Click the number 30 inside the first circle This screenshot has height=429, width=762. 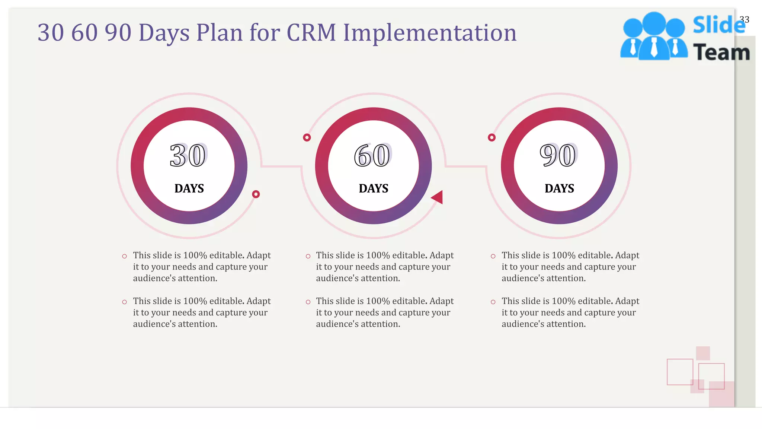(x=188, y=155)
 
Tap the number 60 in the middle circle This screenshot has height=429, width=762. (x=372, y=155)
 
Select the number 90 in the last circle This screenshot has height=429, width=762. (x=558, y=155)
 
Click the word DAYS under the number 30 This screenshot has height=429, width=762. (x=189, y=188)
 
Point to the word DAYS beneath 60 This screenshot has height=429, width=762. (x=374, y=188)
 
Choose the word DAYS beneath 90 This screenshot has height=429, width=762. (x=559, y=188)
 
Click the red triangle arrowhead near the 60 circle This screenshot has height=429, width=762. (x=438, y=197)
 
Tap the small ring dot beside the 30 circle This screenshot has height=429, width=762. (x=256, y=194)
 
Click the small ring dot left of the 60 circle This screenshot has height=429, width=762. (x=307, y=137)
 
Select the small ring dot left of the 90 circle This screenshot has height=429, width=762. (x=492, y=137)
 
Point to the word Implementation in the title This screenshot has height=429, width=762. (x=430, y=32)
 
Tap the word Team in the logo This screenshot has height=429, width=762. (x=721, y=52)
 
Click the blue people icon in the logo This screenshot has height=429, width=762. (x=654, y=37)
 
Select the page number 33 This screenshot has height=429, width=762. (x=745, y=19)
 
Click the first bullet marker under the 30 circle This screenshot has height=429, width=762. (x=125, y=256)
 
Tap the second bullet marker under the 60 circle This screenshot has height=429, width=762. (x=308, y=302)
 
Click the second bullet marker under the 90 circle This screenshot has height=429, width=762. (x=493, y=302)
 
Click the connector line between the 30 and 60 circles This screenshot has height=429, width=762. (x=282, y=166)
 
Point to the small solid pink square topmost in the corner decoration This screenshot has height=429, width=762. (x=703, y=353)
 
